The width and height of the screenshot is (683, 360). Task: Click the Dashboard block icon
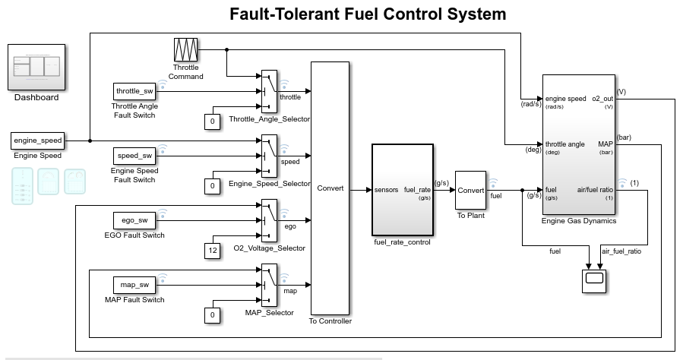point(36,68)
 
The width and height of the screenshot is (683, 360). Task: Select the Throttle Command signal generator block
point(186,50)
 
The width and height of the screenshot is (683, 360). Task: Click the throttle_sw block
point(134,91)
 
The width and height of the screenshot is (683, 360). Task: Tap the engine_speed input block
point(37,141)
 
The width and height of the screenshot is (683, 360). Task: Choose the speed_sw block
point(134,156)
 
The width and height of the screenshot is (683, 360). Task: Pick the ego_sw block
point(134,220)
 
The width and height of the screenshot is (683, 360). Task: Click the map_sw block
point(134,285)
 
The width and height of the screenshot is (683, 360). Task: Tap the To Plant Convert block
point(470,190)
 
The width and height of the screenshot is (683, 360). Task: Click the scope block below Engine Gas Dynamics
point(593,279)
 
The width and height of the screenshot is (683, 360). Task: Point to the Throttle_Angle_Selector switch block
point(270,91)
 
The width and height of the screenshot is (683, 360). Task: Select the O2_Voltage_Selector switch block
point(270,220)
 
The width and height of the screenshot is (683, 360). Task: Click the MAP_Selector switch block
point(270,285)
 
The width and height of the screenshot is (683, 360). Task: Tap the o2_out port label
point(602,99)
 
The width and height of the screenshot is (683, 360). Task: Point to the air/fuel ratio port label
point(595,189)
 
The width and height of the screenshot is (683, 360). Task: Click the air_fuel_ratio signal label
point(621,251)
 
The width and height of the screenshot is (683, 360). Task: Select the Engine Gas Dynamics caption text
point(579,222)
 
